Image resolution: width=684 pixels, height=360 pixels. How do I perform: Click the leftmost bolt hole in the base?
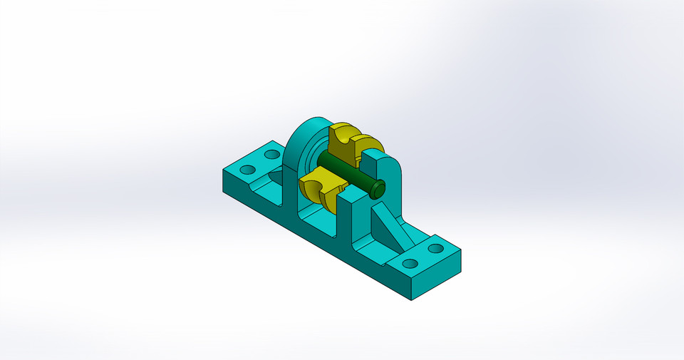pos(247,170)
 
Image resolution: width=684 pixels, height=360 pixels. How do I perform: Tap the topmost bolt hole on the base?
pos(271,154)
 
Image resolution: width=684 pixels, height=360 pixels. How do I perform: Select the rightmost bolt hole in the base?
pos(435,249)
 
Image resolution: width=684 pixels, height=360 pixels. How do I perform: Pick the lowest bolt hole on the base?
pos(410,263)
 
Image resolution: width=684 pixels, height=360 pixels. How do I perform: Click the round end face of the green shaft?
pos(377,188)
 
